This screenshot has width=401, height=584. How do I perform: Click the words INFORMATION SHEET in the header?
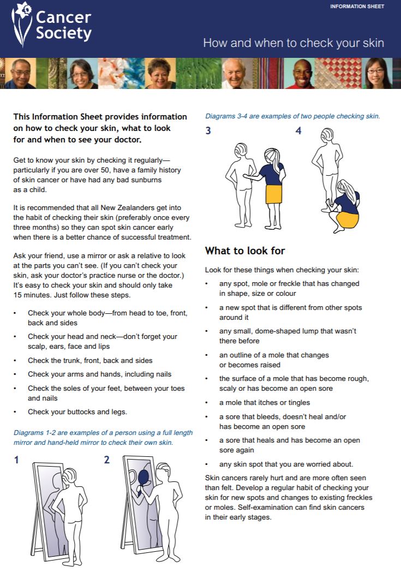pyautogui.click(x=357, y=7)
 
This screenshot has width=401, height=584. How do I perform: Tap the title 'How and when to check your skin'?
pyautogui.click(x=294, y=43)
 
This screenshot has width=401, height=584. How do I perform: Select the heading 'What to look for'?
pyautogui.click(x=245, y=251)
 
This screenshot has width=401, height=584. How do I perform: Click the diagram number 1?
pyautogui.click(x=16, y=460)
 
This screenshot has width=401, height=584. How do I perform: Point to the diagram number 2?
pyautogui.click(x=107, y=460)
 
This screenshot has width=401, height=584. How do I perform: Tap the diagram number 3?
pyautogui.click(x=208, y=131)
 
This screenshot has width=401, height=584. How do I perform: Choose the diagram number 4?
pyautogui.click(x=298, y=131)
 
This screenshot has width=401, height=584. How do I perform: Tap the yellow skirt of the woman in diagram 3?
pyautogui.click(x=273, y=193)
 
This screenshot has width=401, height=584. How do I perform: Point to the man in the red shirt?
pyautogui.click(x=301, y=74)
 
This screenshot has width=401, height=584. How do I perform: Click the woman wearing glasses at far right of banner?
pyautogui.click(x=378, y=74)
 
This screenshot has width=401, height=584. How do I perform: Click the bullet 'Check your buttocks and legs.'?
pyautogui.click(x=77, y=412)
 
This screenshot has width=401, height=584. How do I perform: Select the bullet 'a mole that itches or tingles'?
pyautogui.click(x=265, y=402)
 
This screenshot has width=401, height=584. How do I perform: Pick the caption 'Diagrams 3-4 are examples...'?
pyautogui.click(x=292, y=116)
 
